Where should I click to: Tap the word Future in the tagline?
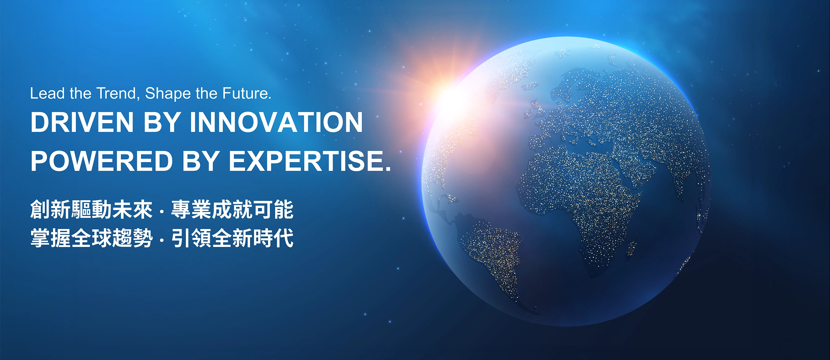click(246, 93)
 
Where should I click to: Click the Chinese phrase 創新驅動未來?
click(91, 210)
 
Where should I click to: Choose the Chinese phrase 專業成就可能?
click(232, 210)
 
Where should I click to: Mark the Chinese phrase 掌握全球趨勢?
click(91, 238)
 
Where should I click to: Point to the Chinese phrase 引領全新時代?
click(232, 238)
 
